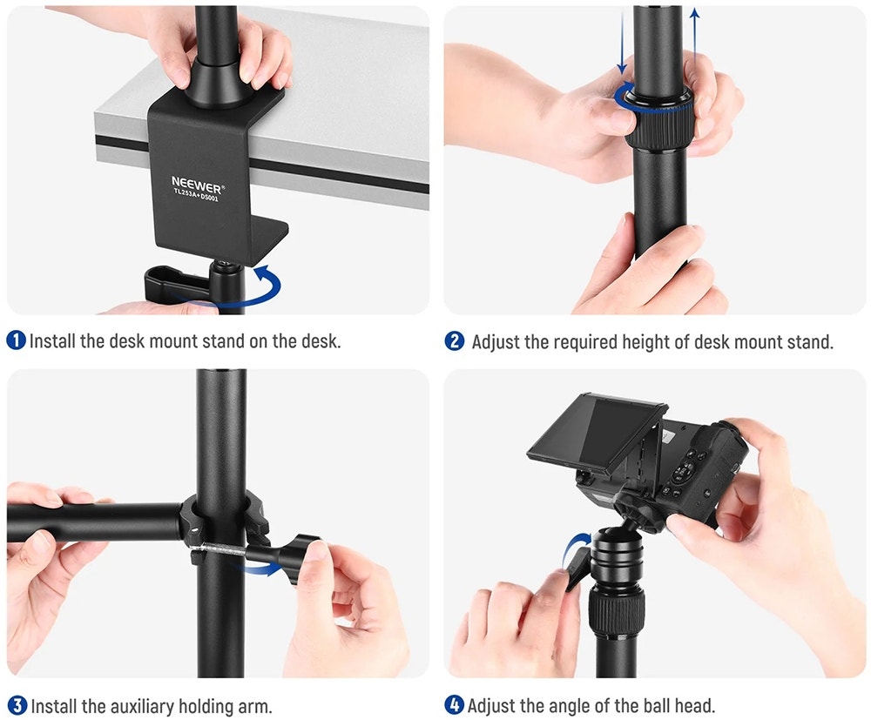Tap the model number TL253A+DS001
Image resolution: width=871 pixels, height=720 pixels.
(196, 195)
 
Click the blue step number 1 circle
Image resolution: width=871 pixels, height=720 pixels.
(16, 340)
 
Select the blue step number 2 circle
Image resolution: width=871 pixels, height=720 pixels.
(455, 341)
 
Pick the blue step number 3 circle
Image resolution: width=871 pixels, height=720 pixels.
(17, 705)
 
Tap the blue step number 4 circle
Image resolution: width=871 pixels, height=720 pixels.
(455, 705)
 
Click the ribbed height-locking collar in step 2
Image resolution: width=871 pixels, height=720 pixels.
(658, 121)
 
